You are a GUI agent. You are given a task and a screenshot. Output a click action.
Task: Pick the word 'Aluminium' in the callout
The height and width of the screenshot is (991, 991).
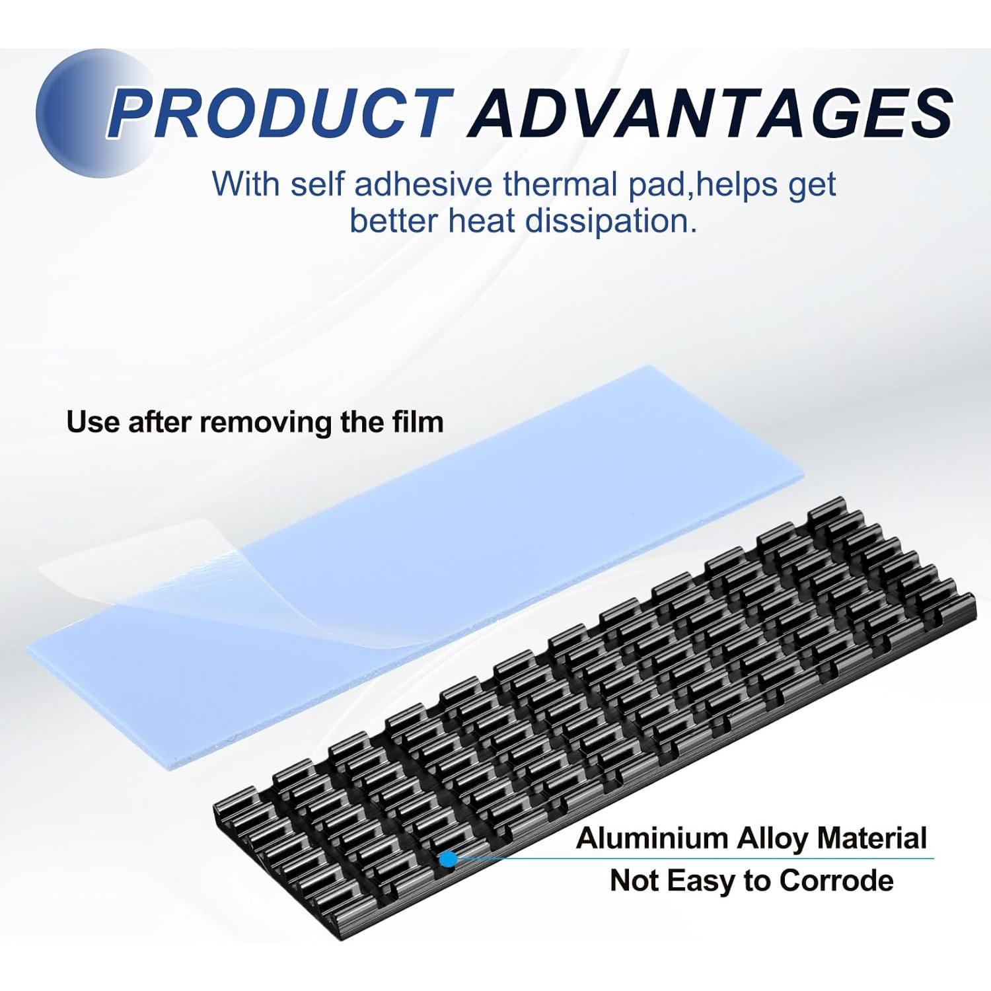[x=651, y=838]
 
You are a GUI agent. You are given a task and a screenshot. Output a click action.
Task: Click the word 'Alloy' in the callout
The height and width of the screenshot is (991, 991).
[x=772, y=840]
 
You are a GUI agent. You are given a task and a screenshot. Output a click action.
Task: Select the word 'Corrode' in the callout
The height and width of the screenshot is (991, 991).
[x=836, y=881]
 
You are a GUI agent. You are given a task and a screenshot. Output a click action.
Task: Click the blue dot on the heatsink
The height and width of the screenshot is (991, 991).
[x=448, y=858]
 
